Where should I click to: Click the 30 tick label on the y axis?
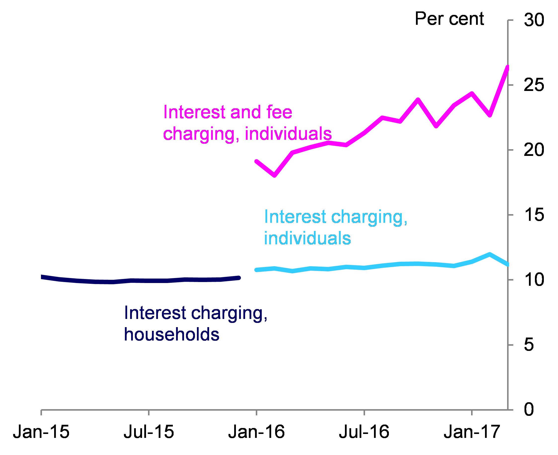[x=534, y=20]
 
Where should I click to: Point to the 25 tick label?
[x=534, y=85]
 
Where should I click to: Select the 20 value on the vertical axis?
[x=534, y=150]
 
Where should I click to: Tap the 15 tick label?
[x=534, y=215]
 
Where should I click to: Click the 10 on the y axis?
[x=534, y=280]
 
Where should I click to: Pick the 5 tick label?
[x=529, y=345]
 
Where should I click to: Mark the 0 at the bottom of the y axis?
[x=529, y=410]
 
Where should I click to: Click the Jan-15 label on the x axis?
[x=41, y=432]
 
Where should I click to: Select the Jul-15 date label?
[x=149, y=432]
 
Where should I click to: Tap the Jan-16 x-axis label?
[x=257, y=432]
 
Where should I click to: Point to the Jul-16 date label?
[x=364, y=432]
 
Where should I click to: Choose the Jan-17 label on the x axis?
[x=472, y=432]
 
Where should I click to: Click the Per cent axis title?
[x=449, y=19]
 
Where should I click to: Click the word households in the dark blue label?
[x=171, y=335]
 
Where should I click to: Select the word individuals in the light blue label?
[x=307, y=238]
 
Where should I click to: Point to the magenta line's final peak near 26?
[x=508, y=67]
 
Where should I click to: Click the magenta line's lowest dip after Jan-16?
[x=275, y=176]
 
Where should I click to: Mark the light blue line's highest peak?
[x=490, y=254]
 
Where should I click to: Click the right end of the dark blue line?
[x=239, y=278]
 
